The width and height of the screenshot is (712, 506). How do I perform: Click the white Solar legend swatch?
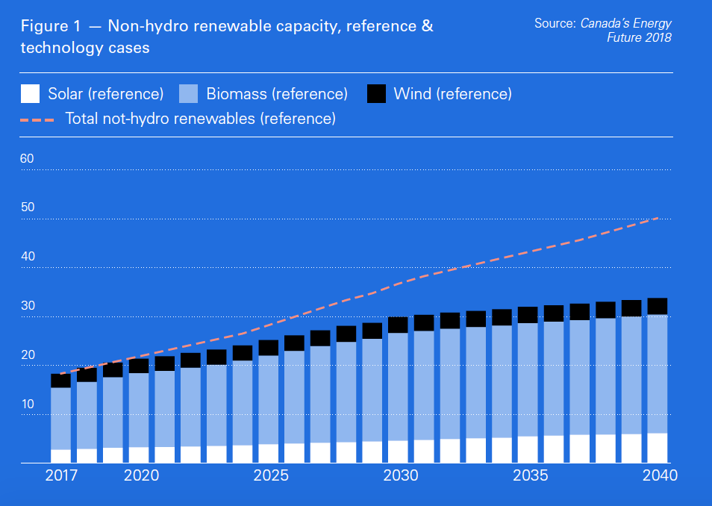[30, 94]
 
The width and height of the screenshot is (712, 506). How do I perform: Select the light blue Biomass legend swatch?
[189, 94]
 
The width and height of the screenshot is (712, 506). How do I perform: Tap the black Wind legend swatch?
[377, 94]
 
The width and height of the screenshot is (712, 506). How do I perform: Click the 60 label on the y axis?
[27, 159]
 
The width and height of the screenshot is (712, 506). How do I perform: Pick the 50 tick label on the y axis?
[27, 207]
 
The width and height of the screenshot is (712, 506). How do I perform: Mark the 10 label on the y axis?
[27, 405]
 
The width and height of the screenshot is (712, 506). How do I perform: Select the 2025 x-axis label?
[269, 476]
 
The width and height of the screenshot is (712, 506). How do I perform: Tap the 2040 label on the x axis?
[659, 476]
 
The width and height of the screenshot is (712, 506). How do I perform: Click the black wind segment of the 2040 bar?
[657, 306]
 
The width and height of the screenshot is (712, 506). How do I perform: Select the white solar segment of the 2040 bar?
[657, 448]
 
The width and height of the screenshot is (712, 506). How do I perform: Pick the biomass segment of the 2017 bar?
[60, 418]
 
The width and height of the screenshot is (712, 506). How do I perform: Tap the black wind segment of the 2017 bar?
[60, 381]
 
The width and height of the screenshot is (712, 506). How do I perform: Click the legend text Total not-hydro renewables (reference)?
[201, 118]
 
